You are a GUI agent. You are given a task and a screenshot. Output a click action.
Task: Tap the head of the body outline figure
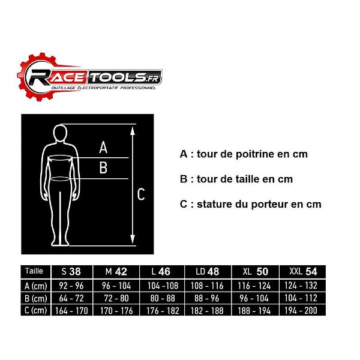point(60,134)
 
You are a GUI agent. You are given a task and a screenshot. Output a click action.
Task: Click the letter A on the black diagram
point(103,147)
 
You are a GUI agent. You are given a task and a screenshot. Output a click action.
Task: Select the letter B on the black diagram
point(103,167)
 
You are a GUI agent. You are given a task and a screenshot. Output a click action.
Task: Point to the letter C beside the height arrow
point(141,194)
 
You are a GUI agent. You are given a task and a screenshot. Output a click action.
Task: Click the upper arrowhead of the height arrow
point(132,131)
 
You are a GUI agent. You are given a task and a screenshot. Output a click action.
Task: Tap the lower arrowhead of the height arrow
point(132,239)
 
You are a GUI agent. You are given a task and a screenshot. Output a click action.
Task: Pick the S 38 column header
point(72,272)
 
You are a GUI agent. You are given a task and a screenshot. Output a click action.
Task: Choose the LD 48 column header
point(208,272)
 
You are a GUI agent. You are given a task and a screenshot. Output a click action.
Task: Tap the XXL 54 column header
point(302,272)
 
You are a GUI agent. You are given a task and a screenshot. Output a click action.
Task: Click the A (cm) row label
point(35,286)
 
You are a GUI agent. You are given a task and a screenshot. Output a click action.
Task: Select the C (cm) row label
point(35,310)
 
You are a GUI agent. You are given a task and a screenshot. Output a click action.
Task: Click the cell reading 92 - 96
point(71,286)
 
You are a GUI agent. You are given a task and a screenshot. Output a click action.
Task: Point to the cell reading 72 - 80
point(116,298)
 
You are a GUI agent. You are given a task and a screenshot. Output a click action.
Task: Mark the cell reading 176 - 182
point(163,311)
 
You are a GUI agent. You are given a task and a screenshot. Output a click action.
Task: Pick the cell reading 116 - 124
point(254,286)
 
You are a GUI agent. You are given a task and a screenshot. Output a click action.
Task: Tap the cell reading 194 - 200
point(301,311)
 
